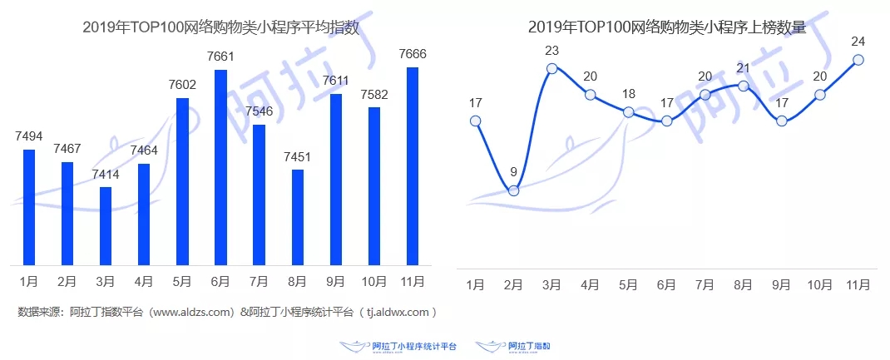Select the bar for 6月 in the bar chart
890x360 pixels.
pos(221,167)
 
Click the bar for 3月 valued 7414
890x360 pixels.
pos(106,225)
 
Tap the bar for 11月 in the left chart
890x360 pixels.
pos(413,166)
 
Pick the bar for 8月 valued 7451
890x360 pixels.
pos(298,217)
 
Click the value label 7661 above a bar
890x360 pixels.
pos(221,57)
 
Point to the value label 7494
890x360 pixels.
pos(29,136)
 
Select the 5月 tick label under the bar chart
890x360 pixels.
pos(182,282)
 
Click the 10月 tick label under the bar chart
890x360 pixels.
pos(374,282)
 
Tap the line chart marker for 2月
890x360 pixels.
pos(513,190)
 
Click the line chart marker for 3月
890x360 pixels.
pos(551,68)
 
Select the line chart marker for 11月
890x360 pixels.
pos(858,60)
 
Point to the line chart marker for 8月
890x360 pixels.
pos(744,86)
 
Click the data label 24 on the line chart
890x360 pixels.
pos(858,41)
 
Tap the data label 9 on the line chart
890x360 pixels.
pos(513,173)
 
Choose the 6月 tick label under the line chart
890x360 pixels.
pos(666,285)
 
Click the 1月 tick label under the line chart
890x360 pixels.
pos(475,285)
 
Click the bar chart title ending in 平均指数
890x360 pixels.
pos(221,27)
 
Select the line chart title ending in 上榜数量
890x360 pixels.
pos(666,27)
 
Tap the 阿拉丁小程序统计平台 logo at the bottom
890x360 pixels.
pos(399,345)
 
